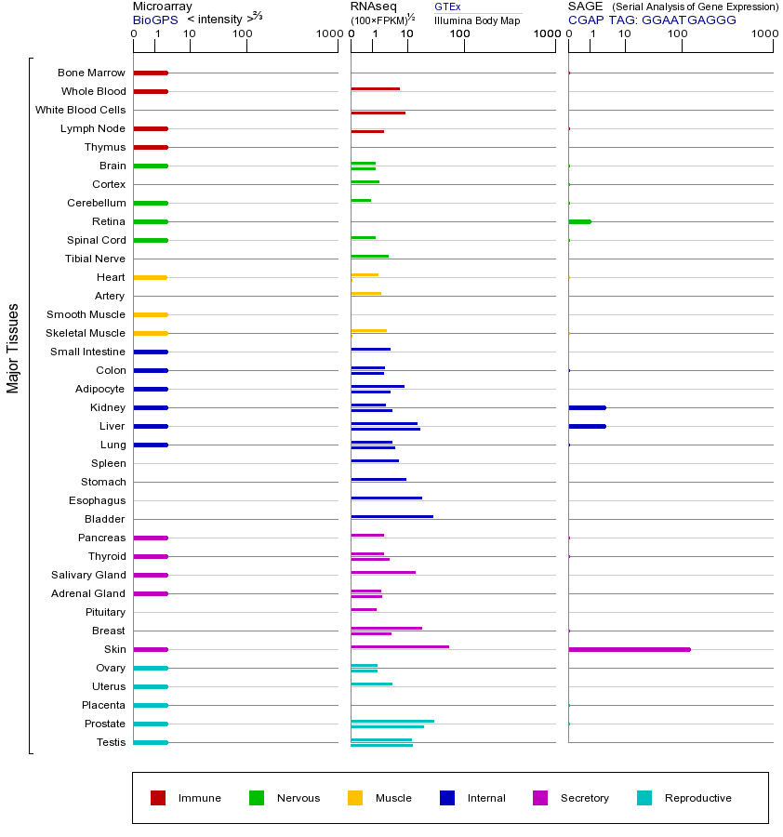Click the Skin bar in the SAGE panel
629,649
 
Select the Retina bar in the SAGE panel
579,221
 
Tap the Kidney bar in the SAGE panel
587,407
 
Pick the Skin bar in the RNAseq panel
400,646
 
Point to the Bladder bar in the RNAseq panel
391,516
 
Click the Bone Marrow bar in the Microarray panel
151,73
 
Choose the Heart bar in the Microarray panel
150,277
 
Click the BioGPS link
153,19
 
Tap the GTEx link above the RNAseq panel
447,7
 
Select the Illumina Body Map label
477,20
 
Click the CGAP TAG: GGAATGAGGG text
652,19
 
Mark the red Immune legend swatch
158,798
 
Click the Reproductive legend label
697,798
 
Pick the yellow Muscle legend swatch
355,798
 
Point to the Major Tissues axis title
13,348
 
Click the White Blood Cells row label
80,110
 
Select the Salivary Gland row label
89,575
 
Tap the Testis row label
111,742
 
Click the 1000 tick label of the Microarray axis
327,34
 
